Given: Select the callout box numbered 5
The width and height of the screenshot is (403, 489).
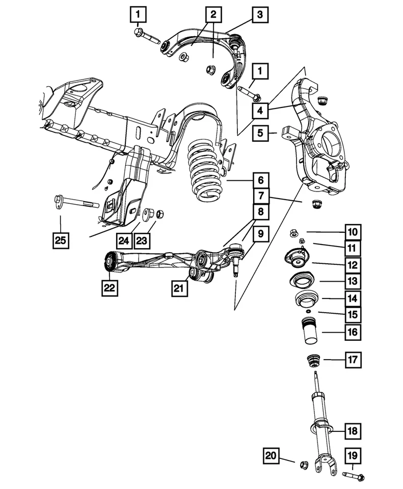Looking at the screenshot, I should [260, 133].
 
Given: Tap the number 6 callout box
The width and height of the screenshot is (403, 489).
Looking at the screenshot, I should [260, 180].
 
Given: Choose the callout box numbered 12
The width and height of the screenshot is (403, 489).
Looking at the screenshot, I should [353, 265].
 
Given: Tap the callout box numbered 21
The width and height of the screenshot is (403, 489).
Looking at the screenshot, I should [180, 289].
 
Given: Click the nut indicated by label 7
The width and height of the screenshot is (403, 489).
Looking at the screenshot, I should [315, 205].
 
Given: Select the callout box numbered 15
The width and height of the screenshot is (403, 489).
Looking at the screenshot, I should [353, 315].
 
